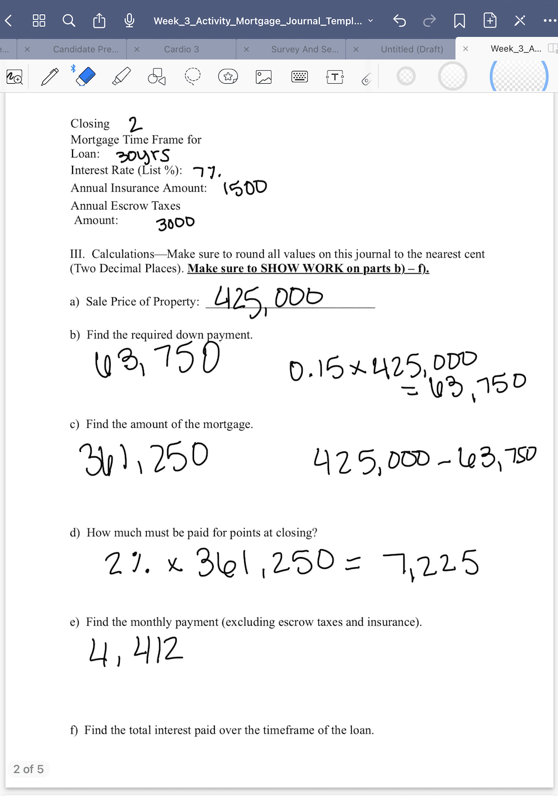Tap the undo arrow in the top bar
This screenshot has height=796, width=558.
(399, 21)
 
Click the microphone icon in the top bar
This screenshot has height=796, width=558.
(129, 21)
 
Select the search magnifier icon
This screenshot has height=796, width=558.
(69, 21)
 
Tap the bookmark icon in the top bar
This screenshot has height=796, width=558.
(460, 21)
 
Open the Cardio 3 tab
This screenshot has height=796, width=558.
(181, 49)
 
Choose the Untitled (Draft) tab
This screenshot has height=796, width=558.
(412, 49)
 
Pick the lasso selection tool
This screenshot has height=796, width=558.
(192, 76)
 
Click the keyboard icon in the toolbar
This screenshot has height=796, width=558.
(299, 76)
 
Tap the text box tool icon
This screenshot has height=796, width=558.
(335, 76)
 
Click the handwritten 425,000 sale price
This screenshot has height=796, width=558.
(269, 298)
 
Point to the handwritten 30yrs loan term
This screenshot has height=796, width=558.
(143, 155)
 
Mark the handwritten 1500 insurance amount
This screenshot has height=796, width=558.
(245, 187)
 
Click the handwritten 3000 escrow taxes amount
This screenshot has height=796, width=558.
(175, 223)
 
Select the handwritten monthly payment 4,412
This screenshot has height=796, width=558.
(136, 651)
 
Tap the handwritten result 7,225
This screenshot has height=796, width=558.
(431, 564)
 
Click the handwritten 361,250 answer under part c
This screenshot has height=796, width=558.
(143, 458)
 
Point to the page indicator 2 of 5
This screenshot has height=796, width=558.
(29, 769)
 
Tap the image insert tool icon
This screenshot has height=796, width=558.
(263, 76)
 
